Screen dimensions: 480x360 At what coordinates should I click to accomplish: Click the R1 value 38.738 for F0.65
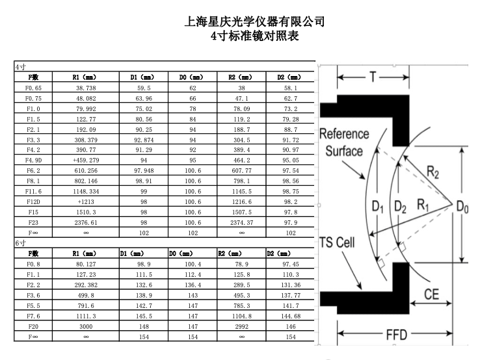point(86,88)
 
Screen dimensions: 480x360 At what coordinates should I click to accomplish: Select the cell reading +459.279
point(86,161)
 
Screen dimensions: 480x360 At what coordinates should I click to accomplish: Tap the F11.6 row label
point(33,192)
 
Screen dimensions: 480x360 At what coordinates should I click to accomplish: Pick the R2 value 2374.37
point(241,223)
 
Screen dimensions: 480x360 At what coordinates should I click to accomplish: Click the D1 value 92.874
point(144,140)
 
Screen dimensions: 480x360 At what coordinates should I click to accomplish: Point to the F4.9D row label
point(33,161)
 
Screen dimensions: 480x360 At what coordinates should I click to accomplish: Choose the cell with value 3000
point(86,327)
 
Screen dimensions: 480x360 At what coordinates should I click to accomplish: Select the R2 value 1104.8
point(241,316)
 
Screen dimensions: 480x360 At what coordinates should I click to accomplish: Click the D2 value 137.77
point(291,296)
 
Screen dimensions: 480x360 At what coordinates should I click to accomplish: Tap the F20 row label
point(33,327)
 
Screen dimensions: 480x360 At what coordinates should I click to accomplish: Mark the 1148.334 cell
point(86,192)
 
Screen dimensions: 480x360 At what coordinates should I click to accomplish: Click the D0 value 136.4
point(193,285)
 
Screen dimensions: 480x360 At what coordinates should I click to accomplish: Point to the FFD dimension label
point(397,335)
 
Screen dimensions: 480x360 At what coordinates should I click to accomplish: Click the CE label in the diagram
point(431,294)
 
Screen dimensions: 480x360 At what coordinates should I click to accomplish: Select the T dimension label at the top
point(373,77)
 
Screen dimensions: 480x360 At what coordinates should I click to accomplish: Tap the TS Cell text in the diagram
point(337,242)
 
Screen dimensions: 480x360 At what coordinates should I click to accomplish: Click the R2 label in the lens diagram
point(433,172)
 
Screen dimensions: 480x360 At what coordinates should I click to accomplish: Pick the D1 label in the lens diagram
point(377,207)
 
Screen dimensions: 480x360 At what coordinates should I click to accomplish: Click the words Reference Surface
point(344,142)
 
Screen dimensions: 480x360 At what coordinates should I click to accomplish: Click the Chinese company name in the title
point(254,21)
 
